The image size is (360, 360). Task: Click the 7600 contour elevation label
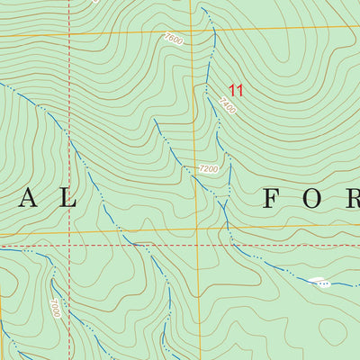[x=174, y=40]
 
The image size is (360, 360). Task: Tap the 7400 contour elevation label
[x=226, y=106]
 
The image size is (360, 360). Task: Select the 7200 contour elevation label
[x=209, y=168]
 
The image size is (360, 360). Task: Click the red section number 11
[x=237, y=90]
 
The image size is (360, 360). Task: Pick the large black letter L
[x=67, y=199]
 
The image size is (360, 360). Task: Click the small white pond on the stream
[x=317, y=282]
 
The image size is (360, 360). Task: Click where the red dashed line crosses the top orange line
[x=69, y=38]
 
